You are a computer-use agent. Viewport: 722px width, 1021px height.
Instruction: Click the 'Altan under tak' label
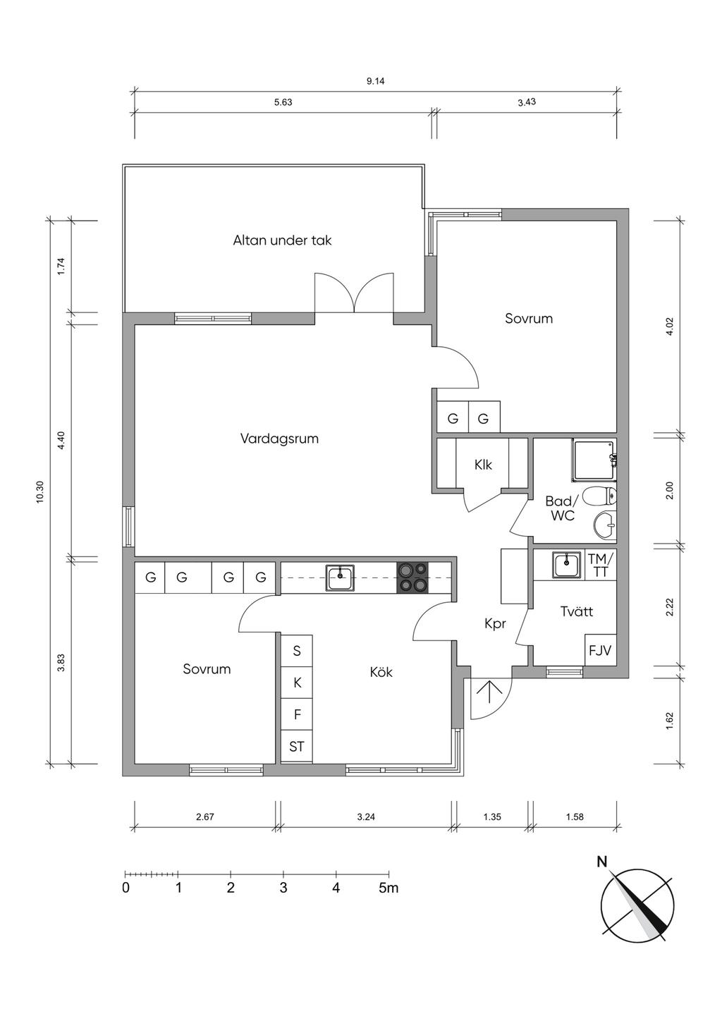click(x=282, y=240)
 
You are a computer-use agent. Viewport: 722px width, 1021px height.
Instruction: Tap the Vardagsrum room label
click(x=279, y=439)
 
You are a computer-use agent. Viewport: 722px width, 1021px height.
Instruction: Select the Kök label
click(x=381, y=672)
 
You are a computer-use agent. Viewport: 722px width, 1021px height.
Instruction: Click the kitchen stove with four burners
click(x=412, y=577)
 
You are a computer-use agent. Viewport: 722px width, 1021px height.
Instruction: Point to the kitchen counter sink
click(x=340, y=577)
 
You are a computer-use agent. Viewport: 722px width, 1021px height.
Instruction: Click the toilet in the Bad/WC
click(x=599, y=496)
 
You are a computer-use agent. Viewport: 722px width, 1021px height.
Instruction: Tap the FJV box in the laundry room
click(x=600, y=650)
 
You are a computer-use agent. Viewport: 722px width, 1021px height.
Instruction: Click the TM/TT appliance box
click(x=601, y=565)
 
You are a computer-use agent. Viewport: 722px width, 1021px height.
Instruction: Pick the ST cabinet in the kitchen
click(x=297, y=746)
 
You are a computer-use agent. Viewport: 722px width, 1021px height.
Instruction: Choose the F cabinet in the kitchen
click(x=297, y=714)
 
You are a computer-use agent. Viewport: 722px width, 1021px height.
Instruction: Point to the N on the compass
click(x=602, y=862)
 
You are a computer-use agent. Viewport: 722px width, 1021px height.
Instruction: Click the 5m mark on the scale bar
click(x=388, y=888)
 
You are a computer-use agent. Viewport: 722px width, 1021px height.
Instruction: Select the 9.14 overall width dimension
click(x=375, y=81)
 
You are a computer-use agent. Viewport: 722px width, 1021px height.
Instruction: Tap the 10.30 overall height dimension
click(x=39, y=491)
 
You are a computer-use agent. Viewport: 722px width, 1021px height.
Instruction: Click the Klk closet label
click(x=483, y=465)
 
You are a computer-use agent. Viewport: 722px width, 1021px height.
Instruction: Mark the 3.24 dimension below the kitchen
click(x=366, y=817)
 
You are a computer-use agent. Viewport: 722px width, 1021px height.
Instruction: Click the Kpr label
click(x=495, y=624)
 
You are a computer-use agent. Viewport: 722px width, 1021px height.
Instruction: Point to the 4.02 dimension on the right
click(x=670, y=326)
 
